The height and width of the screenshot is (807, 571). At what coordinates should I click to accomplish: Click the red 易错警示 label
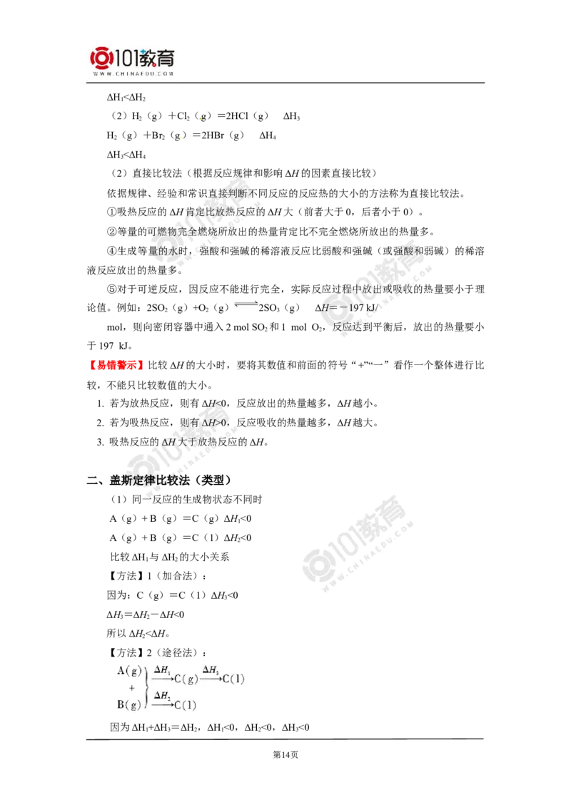coord(116,366)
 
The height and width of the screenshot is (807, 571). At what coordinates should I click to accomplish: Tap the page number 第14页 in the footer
coord(285,755)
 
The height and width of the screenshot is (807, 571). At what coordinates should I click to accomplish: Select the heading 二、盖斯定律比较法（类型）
coord(159,480)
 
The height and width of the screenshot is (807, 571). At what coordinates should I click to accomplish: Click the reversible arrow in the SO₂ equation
coord(246,305)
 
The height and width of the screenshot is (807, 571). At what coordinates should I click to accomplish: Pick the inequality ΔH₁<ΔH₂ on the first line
coord(126,97)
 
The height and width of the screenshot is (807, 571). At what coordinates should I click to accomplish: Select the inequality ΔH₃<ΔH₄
coord(126,155)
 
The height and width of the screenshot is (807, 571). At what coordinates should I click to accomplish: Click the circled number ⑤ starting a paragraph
coord(112,289)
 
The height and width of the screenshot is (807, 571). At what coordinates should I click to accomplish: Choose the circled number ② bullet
coord(112,232)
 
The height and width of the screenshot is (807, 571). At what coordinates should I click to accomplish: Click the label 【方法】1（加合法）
coord(158,576)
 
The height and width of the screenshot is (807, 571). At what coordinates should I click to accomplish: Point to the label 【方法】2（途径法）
coord(158,652)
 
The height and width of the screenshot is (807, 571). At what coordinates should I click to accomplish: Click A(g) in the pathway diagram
coord(129,671)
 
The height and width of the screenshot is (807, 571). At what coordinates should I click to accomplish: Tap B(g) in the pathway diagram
coord(129,704)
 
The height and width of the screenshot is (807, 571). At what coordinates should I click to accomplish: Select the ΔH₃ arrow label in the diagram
coord(211,669)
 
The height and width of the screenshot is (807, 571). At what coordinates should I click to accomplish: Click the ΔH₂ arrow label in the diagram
coord(162,696)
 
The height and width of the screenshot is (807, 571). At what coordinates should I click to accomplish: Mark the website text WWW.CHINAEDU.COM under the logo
coord(133,74)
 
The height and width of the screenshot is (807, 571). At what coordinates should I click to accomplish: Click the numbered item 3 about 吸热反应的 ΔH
coord(183,442)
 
